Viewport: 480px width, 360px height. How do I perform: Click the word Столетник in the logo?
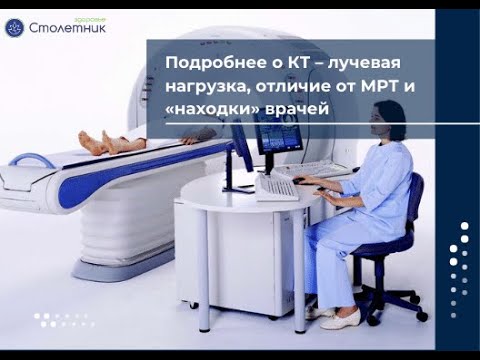click(x=67, y=27)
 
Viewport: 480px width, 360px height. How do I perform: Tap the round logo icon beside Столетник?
click(x=14, y=25)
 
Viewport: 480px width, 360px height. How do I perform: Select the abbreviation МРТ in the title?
click(x=375, y=86)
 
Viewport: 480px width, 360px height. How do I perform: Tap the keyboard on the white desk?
click(x=275, y=187)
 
